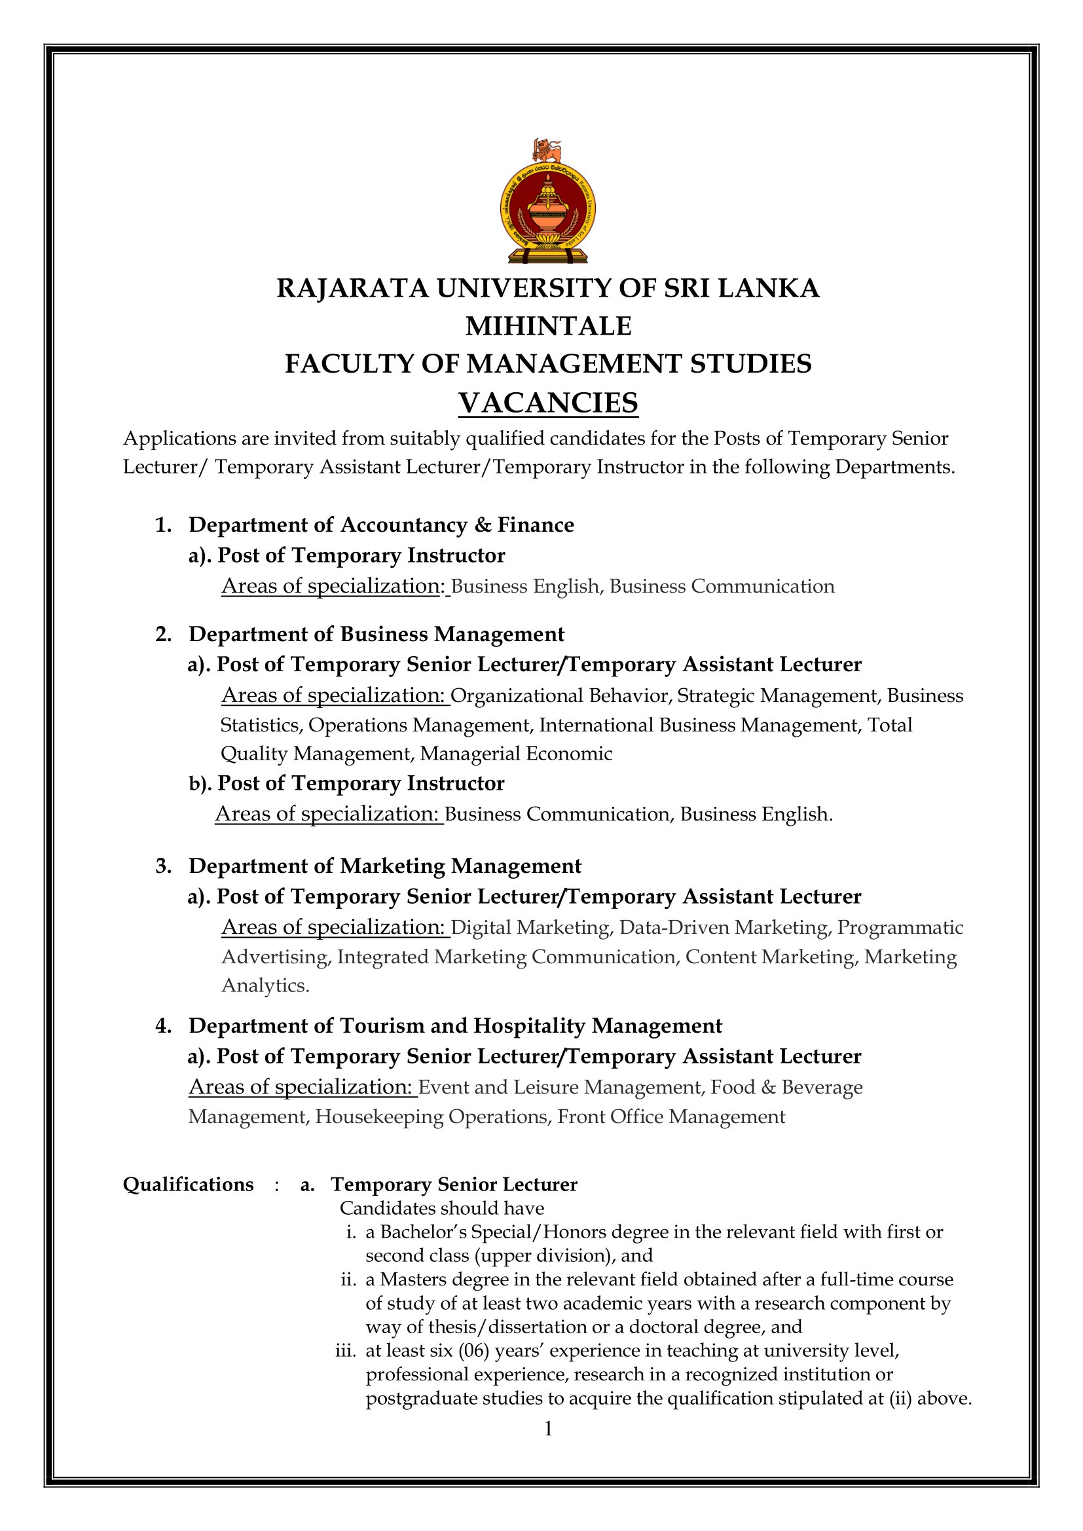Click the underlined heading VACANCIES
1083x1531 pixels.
coord(547,403)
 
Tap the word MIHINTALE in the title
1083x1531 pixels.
coord(547,326)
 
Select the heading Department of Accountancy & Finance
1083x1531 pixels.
coord(381,525)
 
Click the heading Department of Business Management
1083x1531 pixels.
coord(376,634)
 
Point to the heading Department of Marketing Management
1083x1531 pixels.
coord(385,866)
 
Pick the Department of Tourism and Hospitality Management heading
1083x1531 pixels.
coord(455,1025)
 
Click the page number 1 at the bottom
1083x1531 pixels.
coord(548,1429)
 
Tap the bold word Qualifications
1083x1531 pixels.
coord(188,1184)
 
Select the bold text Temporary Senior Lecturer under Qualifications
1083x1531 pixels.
coord(454,1184)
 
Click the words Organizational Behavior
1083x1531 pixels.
coord(560,696)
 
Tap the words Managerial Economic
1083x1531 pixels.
coord(515,754)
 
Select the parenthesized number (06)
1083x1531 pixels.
coord(473,1351)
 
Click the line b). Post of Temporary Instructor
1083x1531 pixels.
coord(347,783)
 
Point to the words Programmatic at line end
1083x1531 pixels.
coord(900,927)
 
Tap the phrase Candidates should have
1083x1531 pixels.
coord(441,1208)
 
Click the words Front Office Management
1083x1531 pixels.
coord(671,1117)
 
